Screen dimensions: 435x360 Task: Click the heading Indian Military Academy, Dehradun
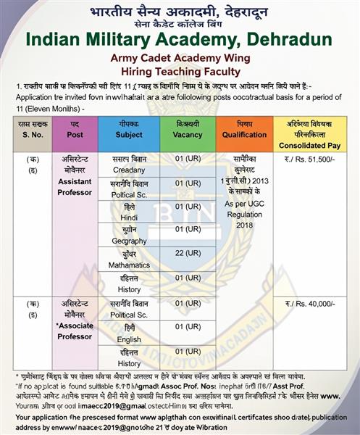179,39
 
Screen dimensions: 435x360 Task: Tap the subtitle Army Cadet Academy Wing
179,58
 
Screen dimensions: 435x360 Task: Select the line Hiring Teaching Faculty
179,71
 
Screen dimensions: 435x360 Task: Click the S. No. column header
30,135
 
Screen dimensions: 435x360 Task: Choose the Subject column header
130,135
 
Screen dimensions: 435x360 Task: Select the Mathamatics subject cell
130,266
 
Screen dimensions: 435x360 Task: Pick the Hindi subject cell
130,215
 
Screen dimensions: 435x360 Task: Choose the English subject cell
130,339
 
